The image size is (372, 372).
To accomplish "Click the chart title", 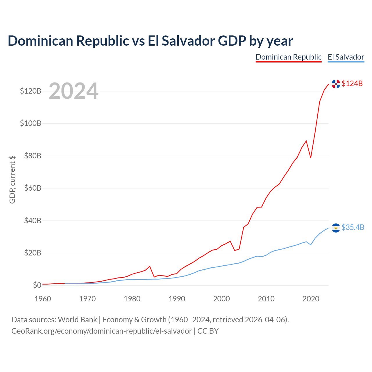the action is tap(150, 41).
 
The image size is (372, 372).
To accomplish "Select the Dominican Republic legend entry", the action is tap(289, 57).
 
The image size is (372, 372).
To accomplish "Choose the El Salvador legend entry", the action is tap(346, 57).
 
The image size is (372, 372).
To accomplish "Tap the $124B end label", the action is tap(352, 83).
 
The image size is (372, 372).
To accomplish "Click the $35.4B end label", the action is tap(353, 227).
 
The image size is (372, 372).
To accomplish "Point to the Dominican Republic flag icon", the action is tap(336, 84).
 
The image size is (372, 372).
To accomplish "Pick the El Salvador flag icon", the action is tap(336, 228).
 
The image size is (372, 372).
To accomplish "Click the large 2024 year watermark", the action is tap(74, 91).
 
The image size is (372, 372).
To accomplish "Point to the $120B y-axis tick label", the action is tap(31, 91).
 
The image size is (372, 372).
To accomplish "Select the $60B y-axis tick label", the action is tap(33, 188).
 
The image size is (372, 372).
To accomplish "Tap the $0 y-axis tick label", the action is tap(37, 285).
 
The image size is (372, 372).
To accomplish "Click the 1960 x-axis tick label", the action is tap(43, 299).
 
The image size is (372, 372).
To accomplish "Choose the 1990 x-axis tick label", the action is tap(177, 299).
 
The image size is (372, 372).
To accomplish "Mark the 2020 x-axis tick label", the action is tap(311, 299).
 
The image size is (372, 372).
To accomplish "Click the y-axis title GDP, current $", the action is tap(12, 180).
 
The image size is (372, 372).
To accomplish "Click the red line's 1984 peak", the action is tap(150, 267).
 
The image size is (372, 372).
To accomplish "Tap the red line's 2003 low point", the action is tap(235, 251).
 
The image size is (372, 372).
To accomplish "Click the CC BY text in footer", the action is tap(208, 331).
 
